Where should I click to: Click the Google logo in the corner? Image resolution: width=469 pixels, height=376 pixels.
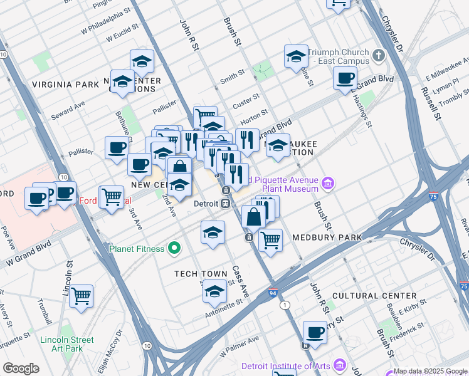click(x=22, y=368)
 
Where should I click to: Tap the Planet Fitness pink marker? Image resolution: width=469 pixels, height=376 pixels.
click(x=176, y=248)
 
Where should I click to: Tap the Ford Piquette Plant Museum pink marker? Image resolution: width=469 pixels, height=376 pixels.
click(x=328, y=183)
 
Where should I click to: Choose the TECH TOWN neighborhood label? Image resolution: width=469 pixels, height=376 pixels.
click(x=201, y=274)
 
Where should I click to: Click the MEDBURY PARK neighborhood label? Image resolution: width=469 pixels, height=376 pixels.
click(x=327, y=238)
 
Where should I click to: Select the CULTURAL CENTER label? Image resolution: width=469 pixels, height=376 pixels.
click(x=374, y=295)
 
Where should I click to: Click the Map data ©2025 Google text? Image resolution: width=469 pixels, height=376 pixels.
click(x=429, y=371)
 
